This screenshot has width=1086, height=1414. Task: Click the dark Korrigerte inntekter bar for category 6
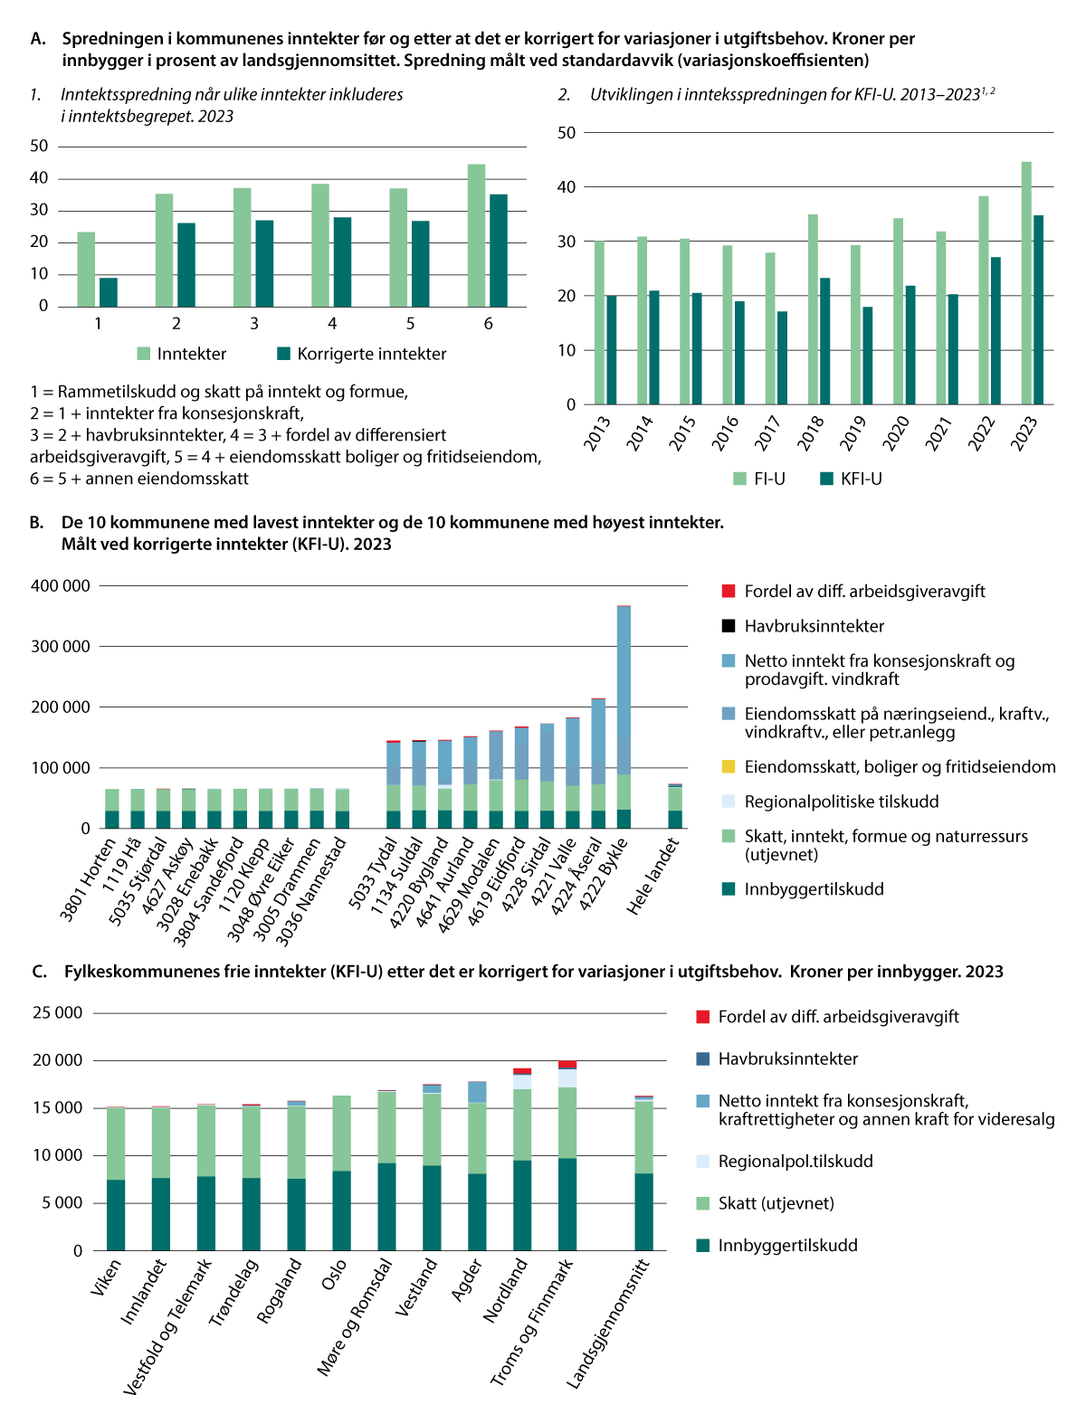tap(498, 251)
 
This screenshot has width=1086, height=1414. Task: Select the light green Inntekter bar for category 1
tap(86, 270)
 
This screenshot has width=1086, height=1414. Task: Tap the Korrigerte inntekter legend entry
tap(361, 354)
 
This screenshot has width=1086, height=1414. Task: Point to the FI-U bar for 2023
tap(1026, 283)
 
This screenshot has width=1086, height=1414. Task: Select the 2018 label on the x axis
tap(811, 432)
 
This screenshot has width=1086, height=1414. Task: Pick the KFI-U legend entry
tap(851, 479)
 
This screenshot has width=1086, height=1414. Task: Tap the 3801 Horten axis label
tap(89, 879)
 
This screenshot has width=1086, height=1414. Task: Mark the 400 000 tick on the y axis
tap(61, 585)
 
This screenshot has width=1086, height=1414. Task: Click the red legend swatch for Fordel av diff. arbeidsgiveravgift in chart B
tap(729, 592)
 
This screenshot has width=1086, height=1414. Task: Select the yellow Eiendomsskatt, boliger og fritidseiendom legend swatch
tap(729, 767)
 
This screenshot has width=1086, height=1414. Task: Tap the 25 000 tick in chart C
tap(58, 1012)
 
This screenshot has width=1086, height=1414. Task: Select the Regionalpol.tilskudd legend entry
tap(795, 1161)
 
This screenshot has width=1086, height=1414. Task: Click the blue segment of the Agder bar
tap(477, 1092)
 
